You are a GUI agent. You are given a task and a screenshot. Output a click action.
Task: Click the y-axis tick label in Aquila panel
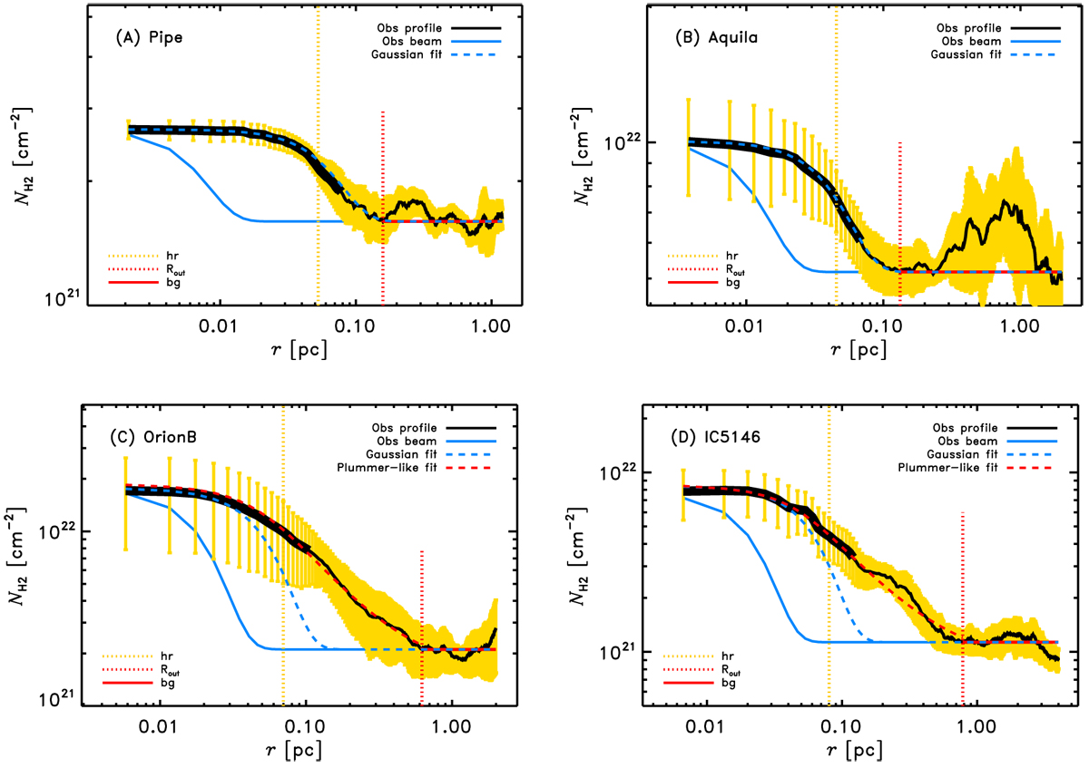623,142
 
